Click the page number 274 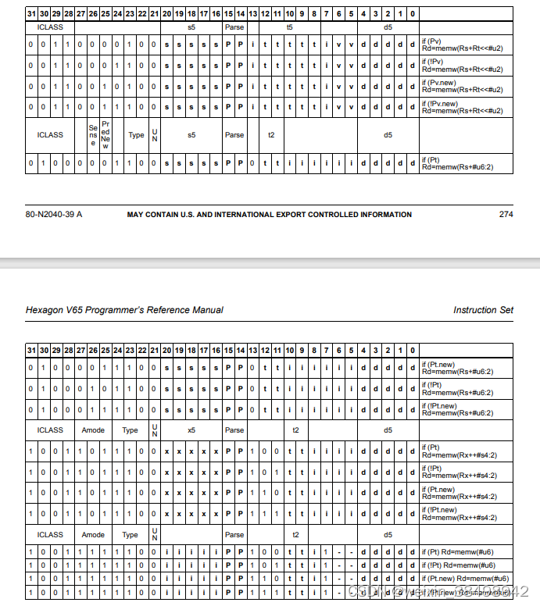point(506,214)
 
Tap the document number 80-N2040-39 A point(54,214)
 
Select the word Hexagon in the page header point(45,310)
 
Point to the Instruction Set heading point(483,310)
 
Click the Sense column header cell point(93,134)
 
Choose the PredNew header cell point(105,134)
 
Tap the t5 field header point(289,27)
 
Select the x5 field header point(191,430)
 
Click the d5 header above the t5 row point(388,27)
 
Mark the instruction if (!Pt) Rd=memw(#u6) point(464,565)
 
